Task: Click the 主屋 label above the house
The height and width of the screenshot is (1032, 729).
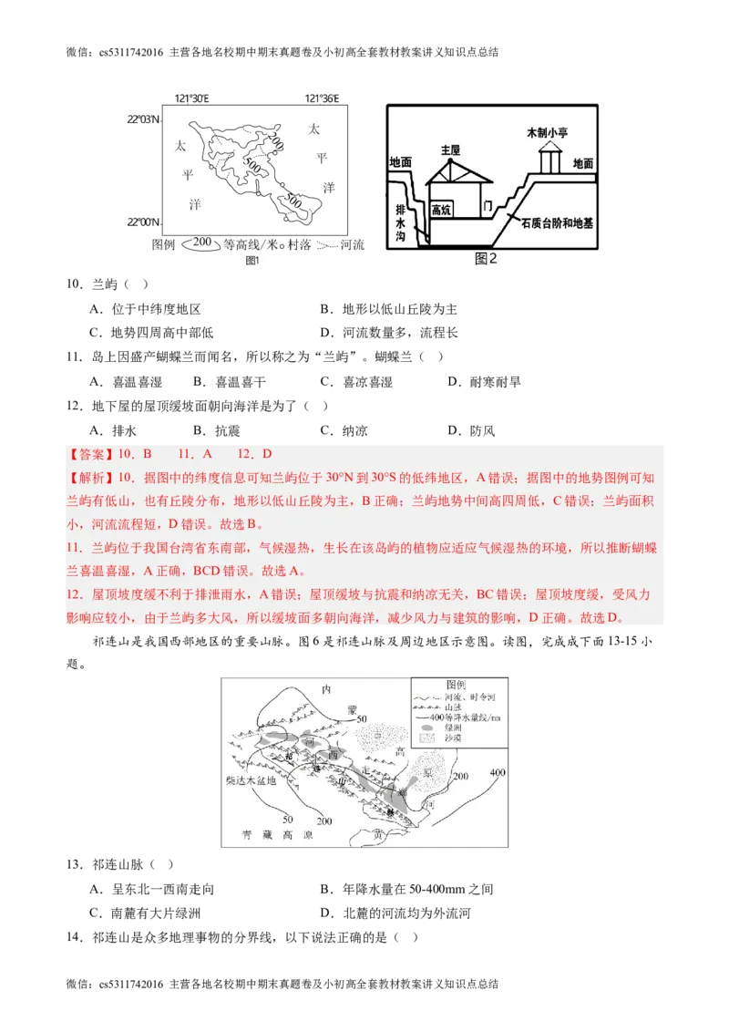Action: click(x=450, y=150)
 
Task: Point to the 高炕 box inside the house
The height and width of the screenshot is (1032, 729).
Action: click(x=442, y=210)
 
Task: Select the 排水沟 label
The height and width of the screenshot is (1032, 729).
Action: click(x=399, y=222)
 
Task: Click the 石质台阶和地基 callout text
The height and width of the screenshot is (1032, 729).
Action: click(x=558, y=222)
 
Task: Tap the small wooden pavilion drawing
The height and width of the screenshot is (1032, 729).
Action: click(x=549, y=159)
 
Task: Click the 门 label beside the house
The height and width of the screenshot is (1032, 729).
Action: click(x=488, y=207)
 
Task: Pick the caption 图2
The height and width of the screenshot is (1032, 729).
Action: click(x=487, y=258)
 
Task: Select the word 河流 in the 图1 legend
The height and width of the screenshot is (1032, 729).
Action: click(x=352, y=244)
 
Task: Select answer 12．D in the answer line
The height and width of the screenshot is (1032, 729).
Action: click(x=254, y=454)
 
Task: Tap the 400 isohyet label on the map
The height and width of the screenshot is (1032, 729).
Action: click(x=497, y=773)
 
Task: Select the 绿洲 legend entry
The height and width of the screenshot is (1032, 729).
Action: click(x=453, y=728)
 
